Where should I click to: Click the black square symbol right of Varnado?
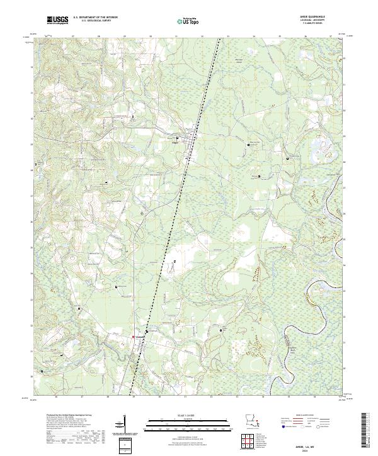[147, 331]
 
